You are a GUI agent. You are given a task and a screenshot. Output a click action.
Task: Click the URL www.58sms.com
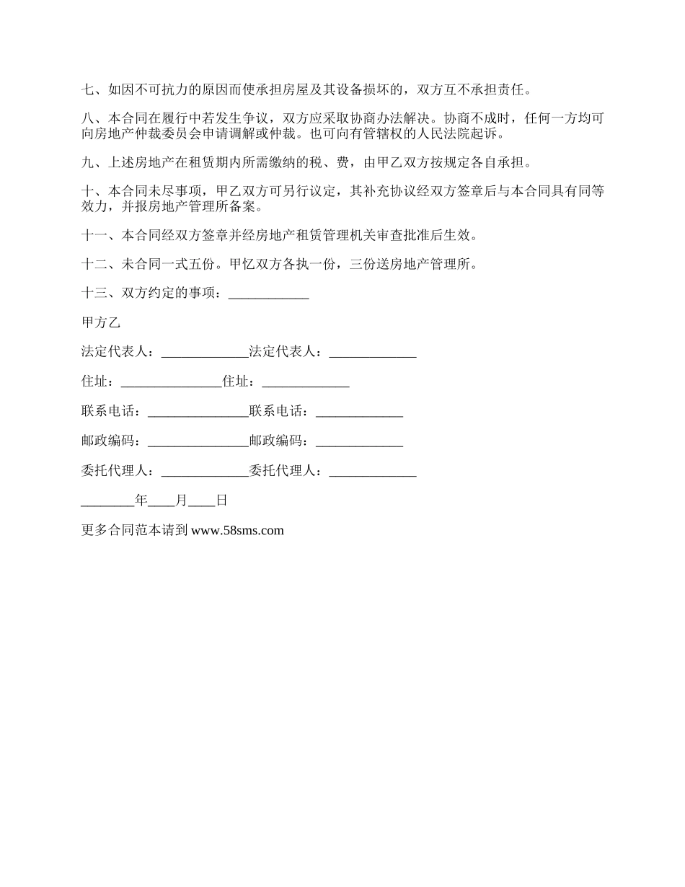click(x=238, y=531)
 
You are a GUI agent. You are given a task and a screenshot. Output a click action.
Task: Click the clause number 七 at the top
click(x=88, y=91)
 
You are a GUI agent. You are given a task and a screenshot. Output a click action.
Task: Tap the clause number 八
click(x=88, y=118)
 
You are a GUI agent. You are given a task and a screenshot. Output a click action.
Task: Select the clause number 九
click(x=88, y=162)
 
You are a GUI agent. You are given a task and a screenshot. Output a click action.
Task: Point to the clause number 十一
click(x=94, y=235)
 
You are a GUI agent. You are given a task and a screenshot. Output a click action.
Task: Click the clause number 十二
click(x=94, y=265)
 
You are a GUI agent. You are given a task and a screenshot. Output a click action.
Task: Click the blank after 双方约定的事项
click(x=268, y=294)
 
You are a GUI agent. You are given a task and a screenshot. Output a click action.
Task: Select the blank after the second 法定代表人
click(x=373, y=352)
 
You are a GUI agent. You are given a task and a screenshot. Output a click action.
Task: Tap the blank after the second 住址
click(x=306, y=381)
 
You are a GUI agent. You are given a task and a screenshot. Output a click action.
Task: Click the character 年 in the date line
click(x=141, y=500)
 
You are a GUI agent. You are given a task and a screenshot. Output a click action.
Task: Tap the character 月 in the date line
click(x=181, y=500)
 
